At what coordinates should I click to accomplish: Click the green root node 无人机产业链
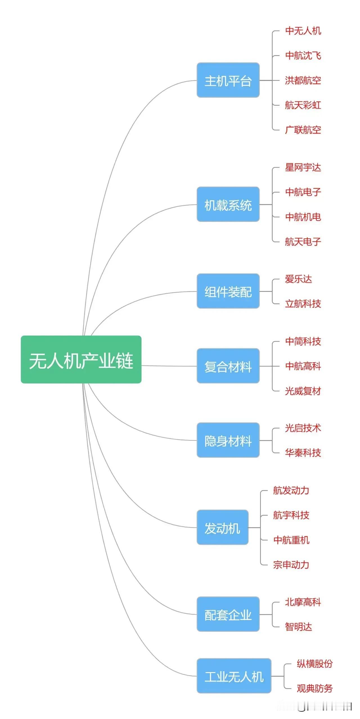[x=81, y=359]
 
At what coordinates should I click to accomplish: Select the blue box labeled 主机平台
[x=228, y=80]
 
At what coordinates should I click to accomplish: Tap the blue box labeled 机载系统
[x=228, y=204]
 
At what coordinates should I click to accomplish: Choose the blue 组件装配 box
[x=228, y=291]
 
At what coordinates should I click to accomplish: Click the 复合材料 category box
[x=228, y=366]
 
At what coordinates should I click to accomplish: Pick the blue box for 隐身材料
[x=228, y=440]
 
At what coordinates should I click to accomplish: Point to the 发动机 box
[x=222, y=527]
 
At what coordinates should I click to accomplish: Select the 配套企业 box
[x=228, y=614]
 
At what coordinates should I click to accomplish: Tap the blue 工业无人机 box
[x=234, y=676]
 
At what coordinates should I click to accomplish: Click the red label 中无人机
[x=303, y=31]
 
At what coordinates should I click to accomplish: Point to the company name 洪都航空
[x=303, y=80]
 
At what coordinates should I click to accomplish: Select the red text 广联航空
[x=303, y=130]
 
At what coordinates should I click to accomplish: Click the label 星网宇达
[x=303, y=168]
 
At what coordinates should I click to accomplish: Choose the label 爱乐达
[x=298, y=279]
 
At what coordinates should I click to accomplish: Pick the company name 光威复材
[x=303, y=391]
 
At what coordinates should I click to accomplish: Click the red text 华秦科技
[x=303, y=453]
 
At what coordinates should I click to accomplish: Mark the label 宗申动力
[x=291, y=565]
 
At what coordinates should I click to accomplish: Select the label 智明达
[x=298, y=626]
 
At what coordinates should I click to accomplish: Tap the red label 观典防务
[x=315, y=688]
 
